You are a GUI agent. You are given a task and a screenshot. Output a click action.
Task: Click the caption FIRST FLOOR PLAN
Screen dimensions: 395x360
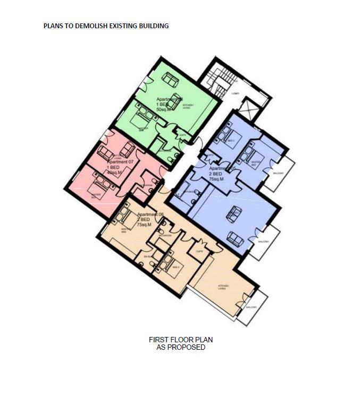pos(181,340)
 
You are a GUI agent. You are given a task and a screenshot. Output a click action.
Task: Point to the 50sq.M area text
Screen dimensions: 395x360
pos(165,109)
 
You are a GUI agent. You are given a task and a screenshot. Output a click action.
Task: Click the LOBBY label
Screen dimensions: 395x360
pos(235,94)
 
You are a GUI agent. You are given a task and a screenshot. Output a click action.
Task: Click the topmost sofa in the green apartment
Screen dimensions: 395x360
pos(171,79)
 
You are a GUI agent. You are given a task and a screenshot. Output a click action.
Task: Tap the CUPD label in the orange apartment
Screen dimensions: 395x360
pos(199,252)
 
